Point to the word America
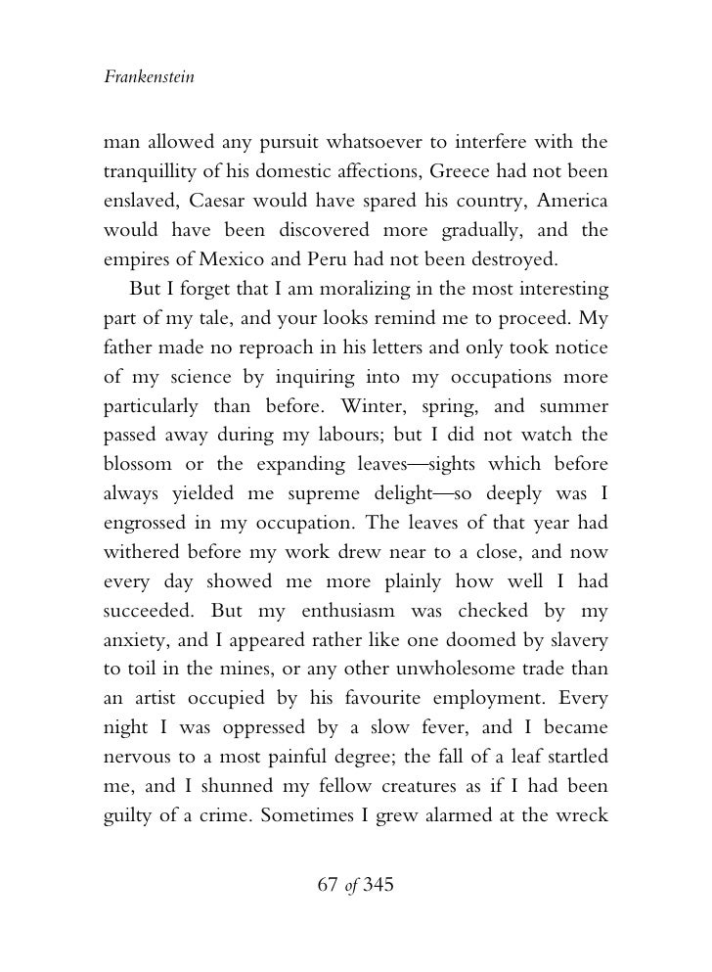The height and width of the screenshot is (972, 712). coord(570,204)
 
